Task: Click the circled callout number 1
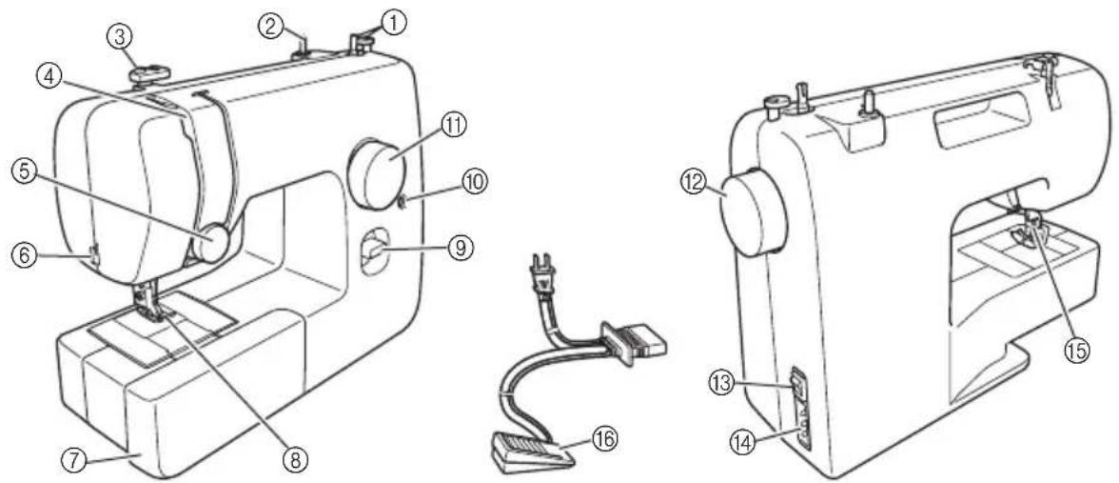pos(392,25)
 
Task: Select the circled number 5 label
pos(24,174)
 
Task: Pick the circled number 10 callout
pos(474,184)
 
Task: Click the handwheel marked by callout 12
pos(750,210)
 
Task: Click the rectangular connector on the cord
pos(632,340)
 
